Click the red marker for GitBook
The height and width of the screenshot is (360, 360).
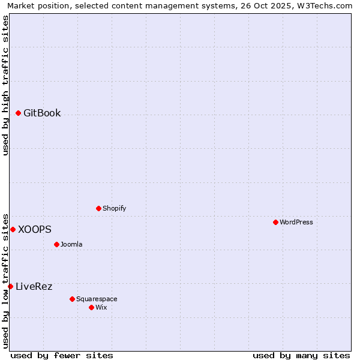(x=18, y=113)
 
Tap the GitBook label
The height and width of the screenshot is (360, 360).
(x=42, y=113)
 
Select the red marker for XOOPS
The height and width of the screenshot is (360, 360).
(x=13, y=229)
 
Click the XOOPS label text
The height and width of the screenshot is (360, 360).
(x=34, y=229)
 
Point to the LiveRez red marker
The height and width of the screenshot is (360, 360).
(x=10, y=286)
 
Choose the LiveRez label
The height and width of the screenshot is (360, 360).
(x=34, y=286)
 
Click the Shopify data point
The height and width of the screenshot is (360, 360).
(x=98, y=208)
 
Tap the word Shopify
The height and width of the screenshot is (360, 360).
(x=114, y=208)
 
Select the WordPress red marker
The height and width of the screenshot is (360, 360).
(x=275, y=222)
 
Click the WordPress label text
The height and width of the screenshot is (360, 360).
(x=296, y=222)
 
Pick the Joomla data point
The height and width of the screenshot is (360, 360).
(x=56, y=244)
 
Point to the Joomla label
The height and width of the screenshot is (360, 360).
(x=71, y=244)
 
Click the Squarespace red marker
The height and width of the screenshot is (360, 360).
(x=72, y=299)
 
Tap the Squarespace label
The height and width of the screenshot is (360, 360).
(x=97, y=299)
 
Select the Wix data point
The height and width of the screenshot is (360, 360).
(x=91, y=307)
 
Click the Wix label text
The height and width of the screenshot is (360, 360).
(x=101, y=307)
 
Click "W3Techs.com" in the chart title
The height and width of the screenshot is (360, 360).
(x=328, y=5)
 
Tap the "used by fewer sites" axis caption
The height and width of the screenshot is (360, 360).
(x=62, y=355)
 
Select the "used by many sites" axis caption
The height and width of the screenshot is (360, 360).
(x=301, y=355)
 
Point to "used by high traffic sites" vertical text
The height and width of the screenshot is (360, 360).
(x=5, y=85)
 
